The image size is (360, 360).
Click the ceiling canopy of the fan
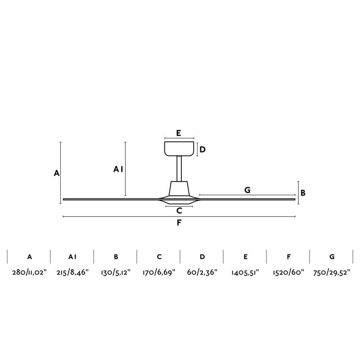coord(179,148)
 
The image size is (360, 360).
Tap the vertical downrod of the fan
coord(179,168)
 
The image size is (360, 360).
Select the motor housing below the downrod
coord(179,188)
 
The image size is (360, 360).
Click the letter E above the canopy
coord(179,133)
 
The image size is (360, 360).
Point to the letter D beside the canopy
coord(203,150)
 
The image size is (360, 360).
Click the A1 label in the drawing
coord(118,170)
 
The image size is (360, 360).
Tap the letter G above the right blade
coord(247,190)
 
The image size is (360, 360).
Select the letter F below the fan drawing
coord(179,223)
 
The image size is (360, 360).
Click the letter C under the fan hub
coord(179,210)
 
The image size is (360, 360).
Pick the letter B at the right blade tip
coord(303,192)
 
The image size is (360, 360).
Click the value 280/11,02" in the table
coord(30,273)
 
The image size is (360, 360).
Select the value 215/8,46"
coord(72,273)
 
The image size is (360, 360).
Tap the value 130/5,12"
coord(116,273)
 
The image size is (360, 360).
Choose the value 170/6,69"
coord(159,273)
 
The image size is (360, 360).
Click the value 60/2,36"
coord(202,273)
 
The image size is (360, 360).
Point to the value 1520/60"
coord(288,273)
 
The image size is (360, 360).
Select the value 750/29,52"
coord(332,273)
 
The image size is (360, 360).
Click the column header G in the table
coord(332,257)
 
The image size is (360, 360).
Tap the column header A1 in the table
coord(72,257)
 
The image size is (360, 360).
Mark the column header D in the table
coord(202,257)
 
